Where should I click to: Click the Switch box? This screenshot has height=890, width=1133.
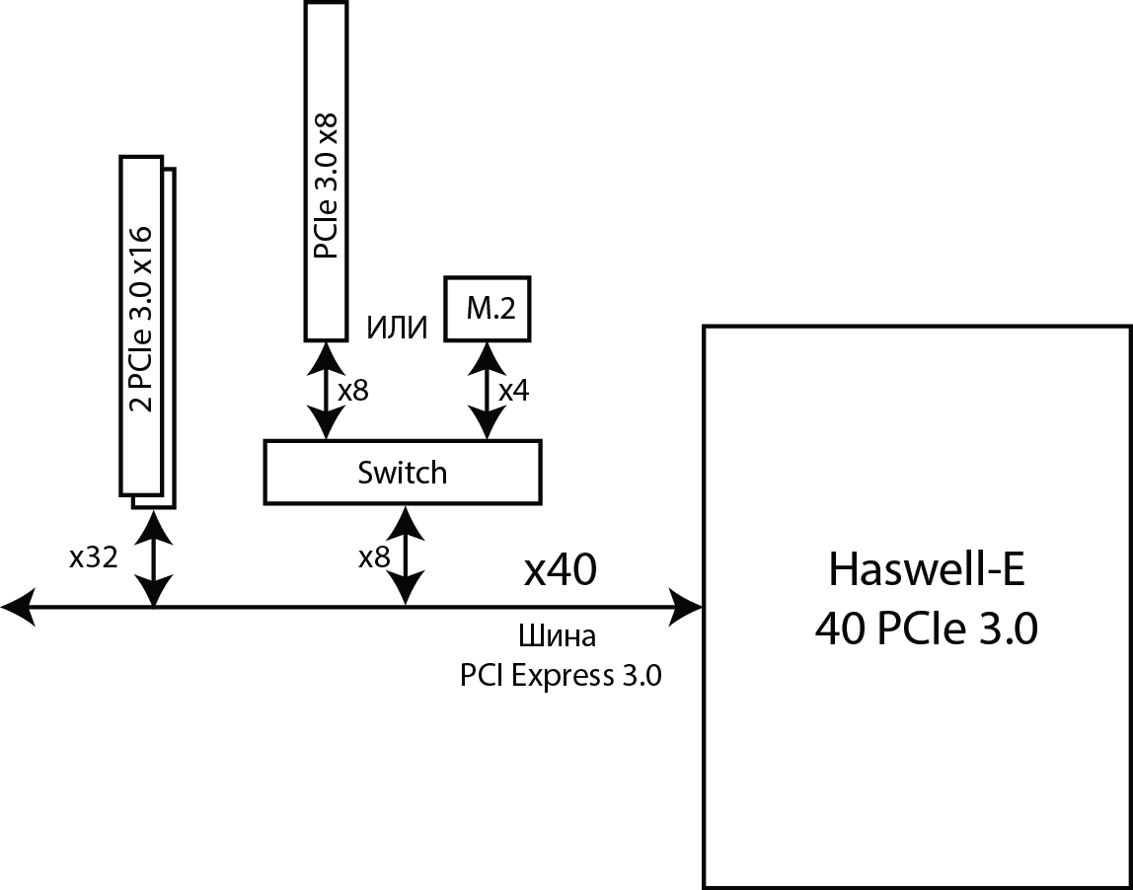(x=403, y=473)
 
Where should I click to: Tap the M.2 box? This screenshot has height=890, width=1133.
(x=488, y=309)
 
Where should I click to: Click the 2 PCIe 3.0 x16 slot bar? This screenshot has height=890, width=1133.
(x=142, y=325)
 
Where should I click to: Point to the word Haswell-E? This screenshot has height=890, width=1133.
(x=925, y=570)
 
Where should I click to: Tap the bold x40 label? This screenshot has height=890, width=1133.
(x=560, y=570)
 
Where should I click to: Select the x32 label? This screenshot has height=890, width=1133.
(x=94, y=558)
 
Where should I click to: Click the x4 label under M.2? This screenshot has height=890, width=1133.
(x=513, y=391)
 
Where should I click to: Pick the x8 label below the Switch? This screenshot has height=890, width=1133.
(x=374, y=558)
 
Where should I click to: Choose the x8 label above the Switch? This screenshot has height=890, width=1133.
(x=352, y=391)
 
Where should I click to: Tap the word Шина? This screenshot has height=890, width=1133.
(x=558, y=635)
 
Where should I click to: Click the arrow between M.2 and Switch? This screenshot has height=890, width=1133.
(x=485, y=391)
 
